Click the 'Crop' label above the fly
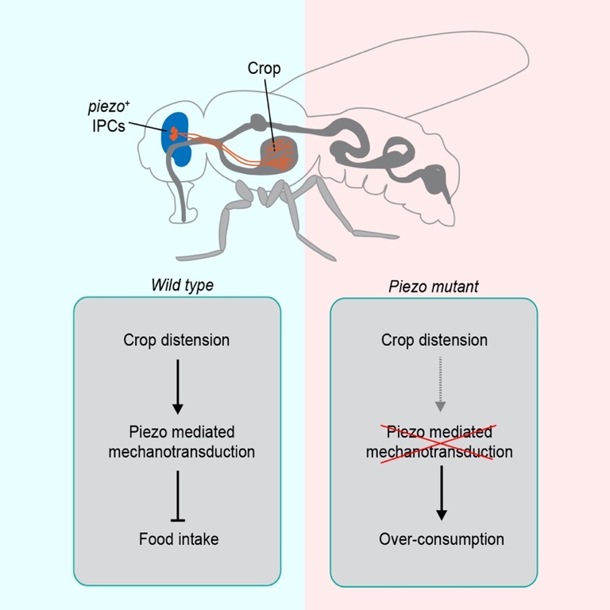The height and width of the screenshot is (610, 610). point(264,68)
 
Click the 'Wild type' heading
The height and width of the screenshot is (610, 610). point(182,285)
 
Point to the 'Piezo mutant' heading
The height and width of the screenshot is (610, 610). point(434,286)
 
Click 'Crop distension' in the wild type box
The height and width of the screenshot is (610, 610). point(176,340)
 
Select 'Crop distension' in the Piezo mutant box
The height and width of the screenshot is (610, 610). point(434,340)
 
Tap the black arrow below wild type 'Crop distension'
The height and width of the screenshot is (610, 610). point(177,386)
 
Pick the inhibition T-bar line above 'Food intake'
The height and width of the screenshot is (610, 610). point(177,496)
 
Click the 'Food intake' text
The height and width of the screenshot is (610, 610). point(178,539)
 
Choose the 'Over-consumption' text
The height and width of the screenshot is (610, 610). point(442,539)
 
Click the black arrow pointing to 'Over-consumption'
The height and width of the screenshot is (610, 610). point(442,492)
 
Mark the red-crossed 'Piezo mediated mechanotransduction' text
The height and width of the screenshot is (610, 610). point(439,442)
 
